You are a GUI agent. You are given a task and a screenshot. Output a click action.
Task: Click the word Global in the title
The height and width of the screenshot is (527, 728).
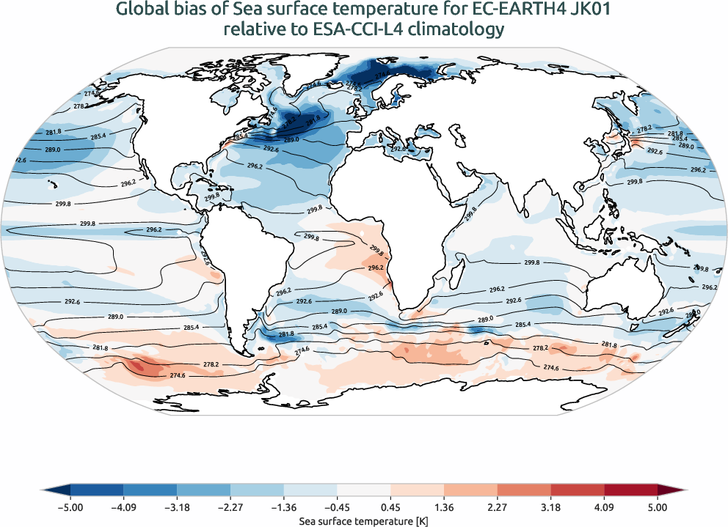tap(141, 10)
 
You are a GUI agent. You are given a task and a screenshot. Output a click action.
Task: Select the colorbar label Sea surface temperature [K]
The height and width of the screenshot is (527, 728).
tap(364, 520)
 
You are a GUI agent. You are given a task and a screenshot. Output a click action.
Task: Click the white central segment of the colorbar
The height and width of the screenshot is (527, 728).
tap(364, 489)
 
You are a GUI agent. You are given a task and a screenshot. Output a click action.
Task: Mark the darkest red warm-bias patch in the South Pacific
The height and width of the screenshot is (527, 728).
tap(145, 366)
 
